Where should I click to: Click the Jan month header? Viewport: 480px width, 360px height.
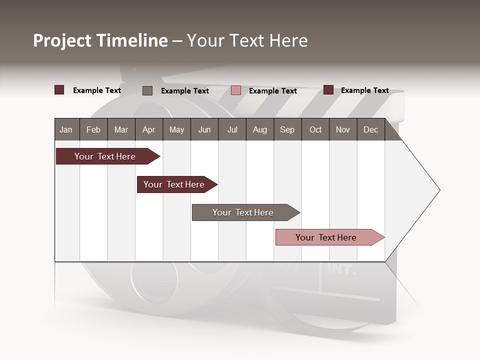pos(66,129)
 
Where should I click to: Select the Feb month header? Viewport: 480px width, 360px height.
pos(93,129)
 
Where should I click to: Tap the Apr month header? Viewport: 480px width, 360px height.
pos(148,129)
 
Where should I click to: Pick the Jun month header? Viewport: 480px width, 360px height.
pos(204,129)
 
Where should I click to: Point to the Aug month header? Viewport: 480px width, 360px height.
pos(259,129)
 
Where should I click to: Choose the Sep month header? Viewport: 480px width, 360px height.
pos(287,129)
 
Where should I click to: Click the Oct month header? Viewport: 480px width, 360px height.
pos(315,129)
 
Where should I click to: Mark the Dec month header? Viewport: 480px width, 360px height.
pos(370,129)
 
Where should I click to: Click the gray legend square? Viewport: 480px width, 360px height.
pos(147,90)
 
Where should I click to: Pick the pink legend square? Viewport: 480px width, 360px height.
pos(236,90)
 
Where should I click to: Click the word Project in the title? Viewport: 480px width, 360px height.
pos(63,40)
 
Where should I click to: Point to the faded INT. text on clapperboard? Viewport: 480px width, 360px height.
pos(341,269)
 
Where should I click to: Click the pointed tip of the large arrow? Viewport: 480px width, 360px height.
pos(438,190)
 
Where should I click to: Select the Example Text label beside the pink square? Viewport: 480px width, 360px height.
pos(272,91)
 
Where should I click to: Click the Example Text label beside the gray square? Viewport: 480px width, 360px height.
pos(184,91)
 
